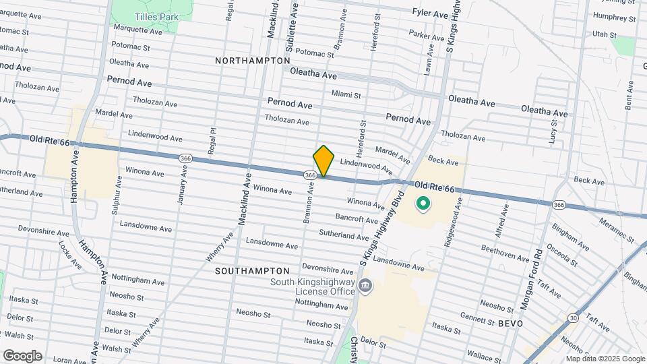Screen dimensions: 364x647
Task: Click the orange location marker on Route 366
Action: point(323,161)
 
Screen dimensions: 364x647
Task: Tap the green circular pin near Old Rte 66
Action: point(423,202)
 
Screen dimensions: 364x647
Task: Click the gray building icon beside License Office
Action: point(365,286)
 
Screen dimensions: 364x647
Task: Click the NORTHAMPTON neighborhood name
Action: point(243,61)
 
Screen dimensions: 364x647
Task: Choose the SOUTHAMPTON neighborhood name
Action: point(243,270)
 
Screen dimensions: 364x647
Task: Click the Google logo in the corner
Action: point(22,355)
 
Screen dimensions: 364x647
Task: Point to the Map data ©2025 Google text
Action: point(605,359)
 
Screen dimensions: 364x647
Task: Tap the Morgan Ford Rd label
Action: point(531,280)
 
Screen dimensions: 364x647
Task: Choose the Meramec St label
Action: point(617,230)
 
